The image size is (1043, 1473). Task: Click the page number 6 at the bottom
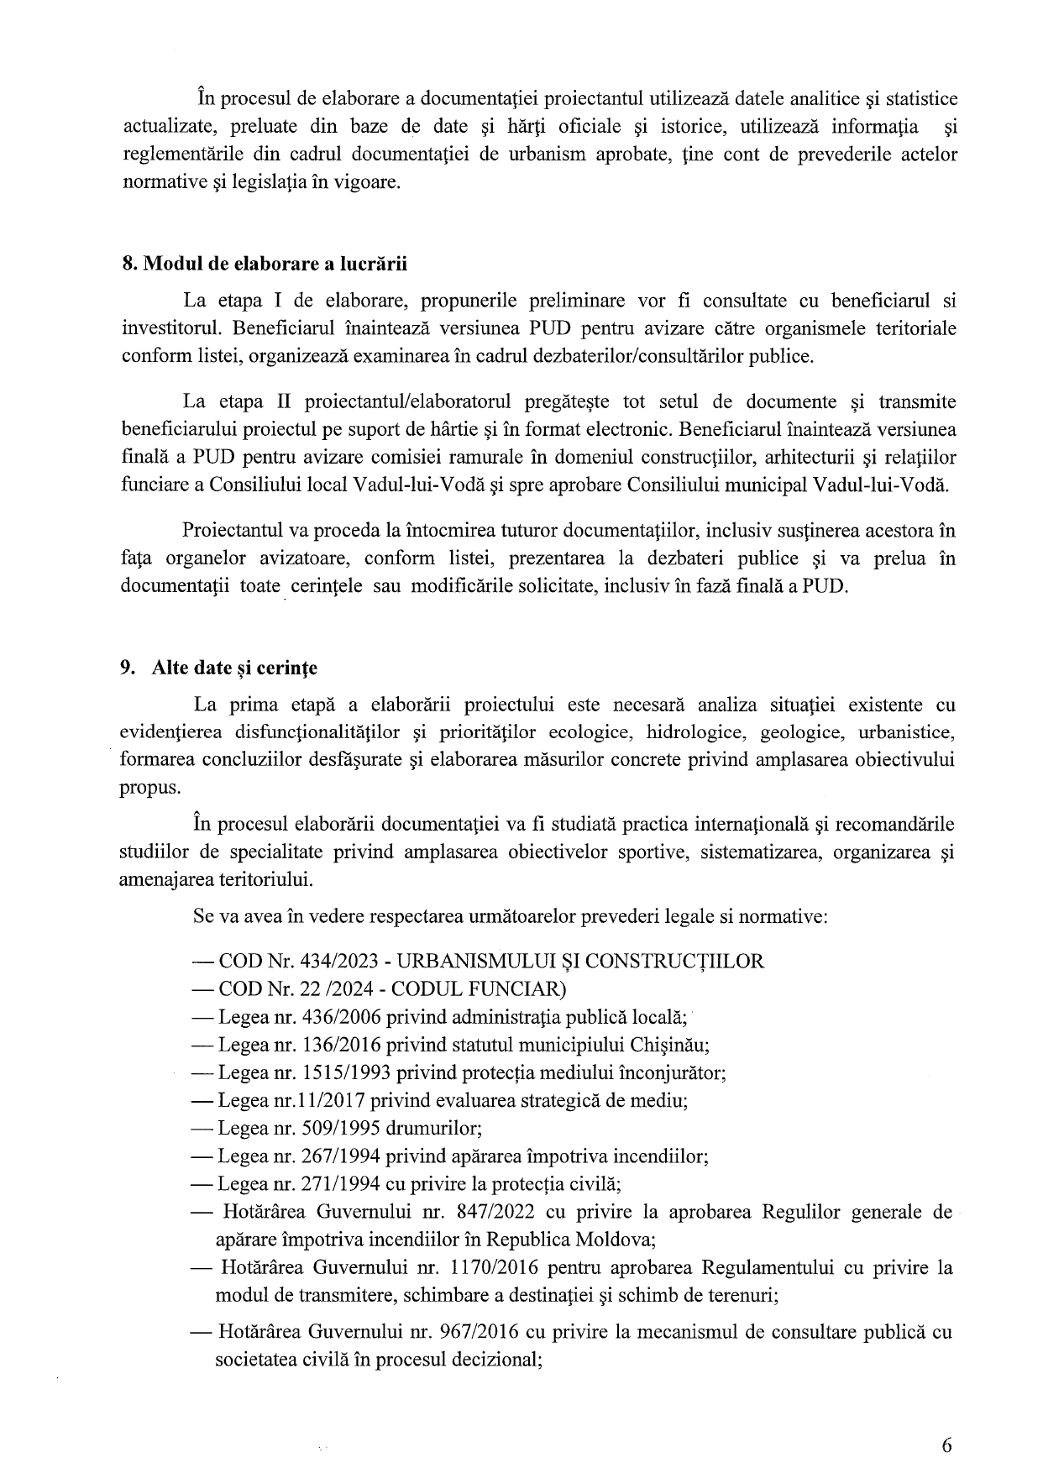(x=947, y=1445)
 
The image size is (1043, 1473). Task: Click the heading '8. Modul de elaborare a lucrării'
(x=265, y=264)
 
